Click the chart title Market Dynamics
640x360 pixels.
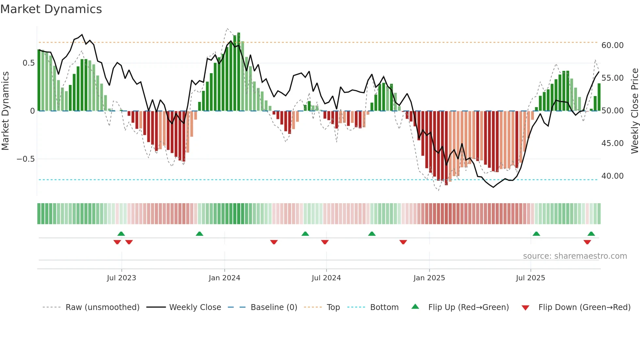pyautogui.click(x=51, y=9)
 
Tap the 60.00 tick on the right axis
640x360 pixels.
pyautogui.click(x=612, y=45)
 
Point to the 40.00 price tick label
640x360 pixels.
pyautogui.click(x=612, y=176)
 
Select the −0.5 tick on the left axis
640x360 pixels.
pyautogui.click(x=25, y=159)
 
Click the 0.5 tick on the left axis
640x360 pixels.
pyautogui.click(x=28, y=63)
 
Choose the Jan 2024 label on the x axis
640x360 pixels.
pyautogui.click(x=224, y=278)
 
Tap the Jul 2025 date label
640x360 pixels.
pyautogui.click(x=530, y=278)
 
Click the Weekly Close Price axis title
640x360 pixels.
pyautogui.click(x=634, y=111)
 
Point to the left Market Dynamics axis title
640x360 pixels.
pyautogui.click(x=5, y=111)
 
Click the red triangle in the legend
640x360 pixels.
pyautogui.click(x=525, y=308)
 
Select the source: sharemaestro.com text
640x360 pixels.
pyautogui.click(x=575, y=256)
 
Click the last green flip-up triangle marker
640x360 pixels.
pyautogui.click(x=591, y=234)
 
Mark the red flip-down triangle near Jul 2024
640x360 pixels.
pyautogui.click(x=325, y=242)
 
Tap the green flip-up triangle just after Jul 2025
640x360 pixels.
pyautogui.click(x=536, y=234)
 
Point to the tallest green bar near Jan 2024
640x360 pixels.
pyautogui.click(x=239, y=72)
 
